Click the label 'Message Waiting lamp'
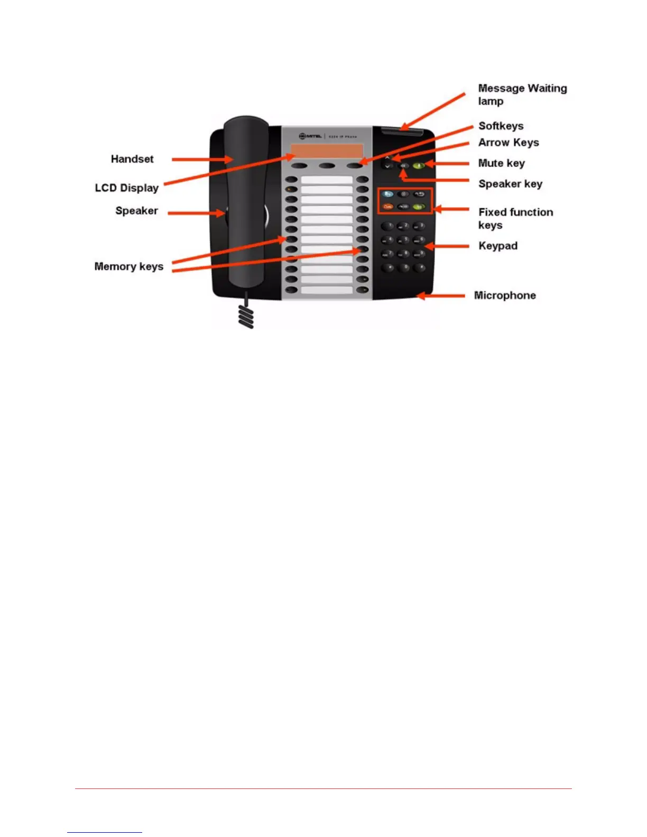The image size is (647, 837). pyautogui.click(x=522, y=95)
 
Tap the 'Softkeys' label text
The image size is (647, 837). pyautogui.click(x=501, y=126)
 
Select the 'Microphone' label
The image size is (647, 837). pyautogui.click(x=505, y=295)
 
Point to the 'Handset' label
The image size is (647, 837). pyautogui.click(x=132, y=159)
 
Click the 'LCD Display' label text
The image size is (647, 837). pyautogui.click(x=127, y=188)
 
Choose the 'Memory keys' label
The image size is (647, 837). pyautogui.click(x=128, y=266)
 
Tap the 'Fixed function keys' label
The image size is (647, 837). pyautogui.click(x=515, y=218)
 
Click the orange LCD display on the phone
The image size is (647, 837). pyautogui.click(x=327, y=151)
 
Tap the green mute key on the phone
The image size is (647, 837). pyautogui.click(x=419, y=166)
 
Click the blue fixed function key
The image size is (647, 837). pyautogui.click(x=388, y=194)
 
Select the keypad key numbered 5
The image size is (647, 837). pyautogui.click(x=404, y=240)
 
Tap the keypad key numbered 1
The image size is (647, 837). pyautogui.click(x=389, y=226)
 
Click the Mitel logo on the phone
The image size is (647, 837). pyautogui.click(x=311, y=136)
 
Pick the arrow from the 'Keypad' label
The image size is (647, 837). pyautogui.click(x=447, y=246)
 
